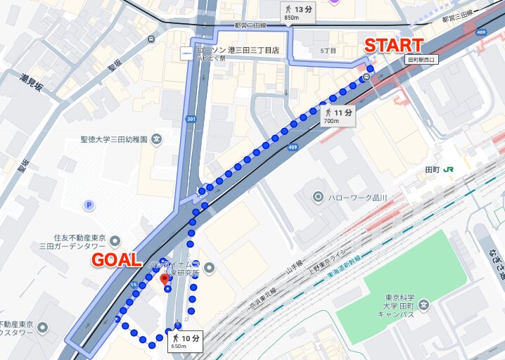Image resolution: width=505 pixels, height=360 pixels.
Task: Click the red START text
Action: pyautogui.click(x=394, y=46)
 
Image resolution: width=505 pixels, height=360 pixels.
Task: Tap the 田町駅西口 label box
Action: pyautogui.click(x=421, y=60)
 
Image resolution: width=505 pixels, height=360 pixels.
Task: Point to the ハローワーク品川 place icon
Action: pyautogui.click(x=318, y=197)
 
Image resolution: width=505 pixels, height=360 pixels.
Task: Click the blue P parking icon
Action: pyautogui.click(x=89, y=205)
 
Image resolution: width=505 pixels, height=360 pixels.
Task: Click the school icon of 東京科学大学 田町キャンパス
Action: pyautogui.click(x=423, y=304)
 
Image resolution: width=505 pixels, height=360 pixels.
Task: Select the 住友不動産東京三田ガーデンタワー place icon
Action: pyautogui.click(x=115, y=242)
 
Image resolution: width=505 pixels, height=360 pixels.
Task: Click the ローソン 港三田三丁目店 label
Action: pyautogui.click(x=238, y=51)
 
